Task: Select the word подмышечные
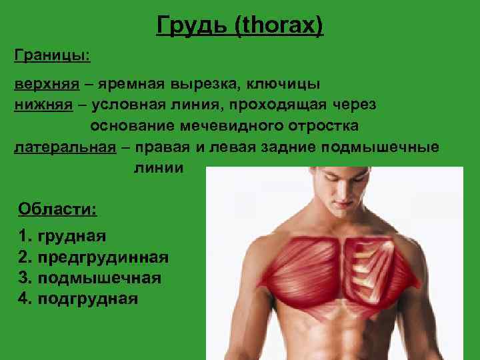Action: (x=380, y=147)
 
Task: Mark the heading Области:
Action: (x=57, y=209)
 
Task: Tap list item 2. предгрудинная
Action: (x=93, y=257)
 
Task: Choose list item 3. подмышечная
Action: (x=90, y=277)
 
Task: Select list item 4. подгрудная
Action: (x=79, y=298)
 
